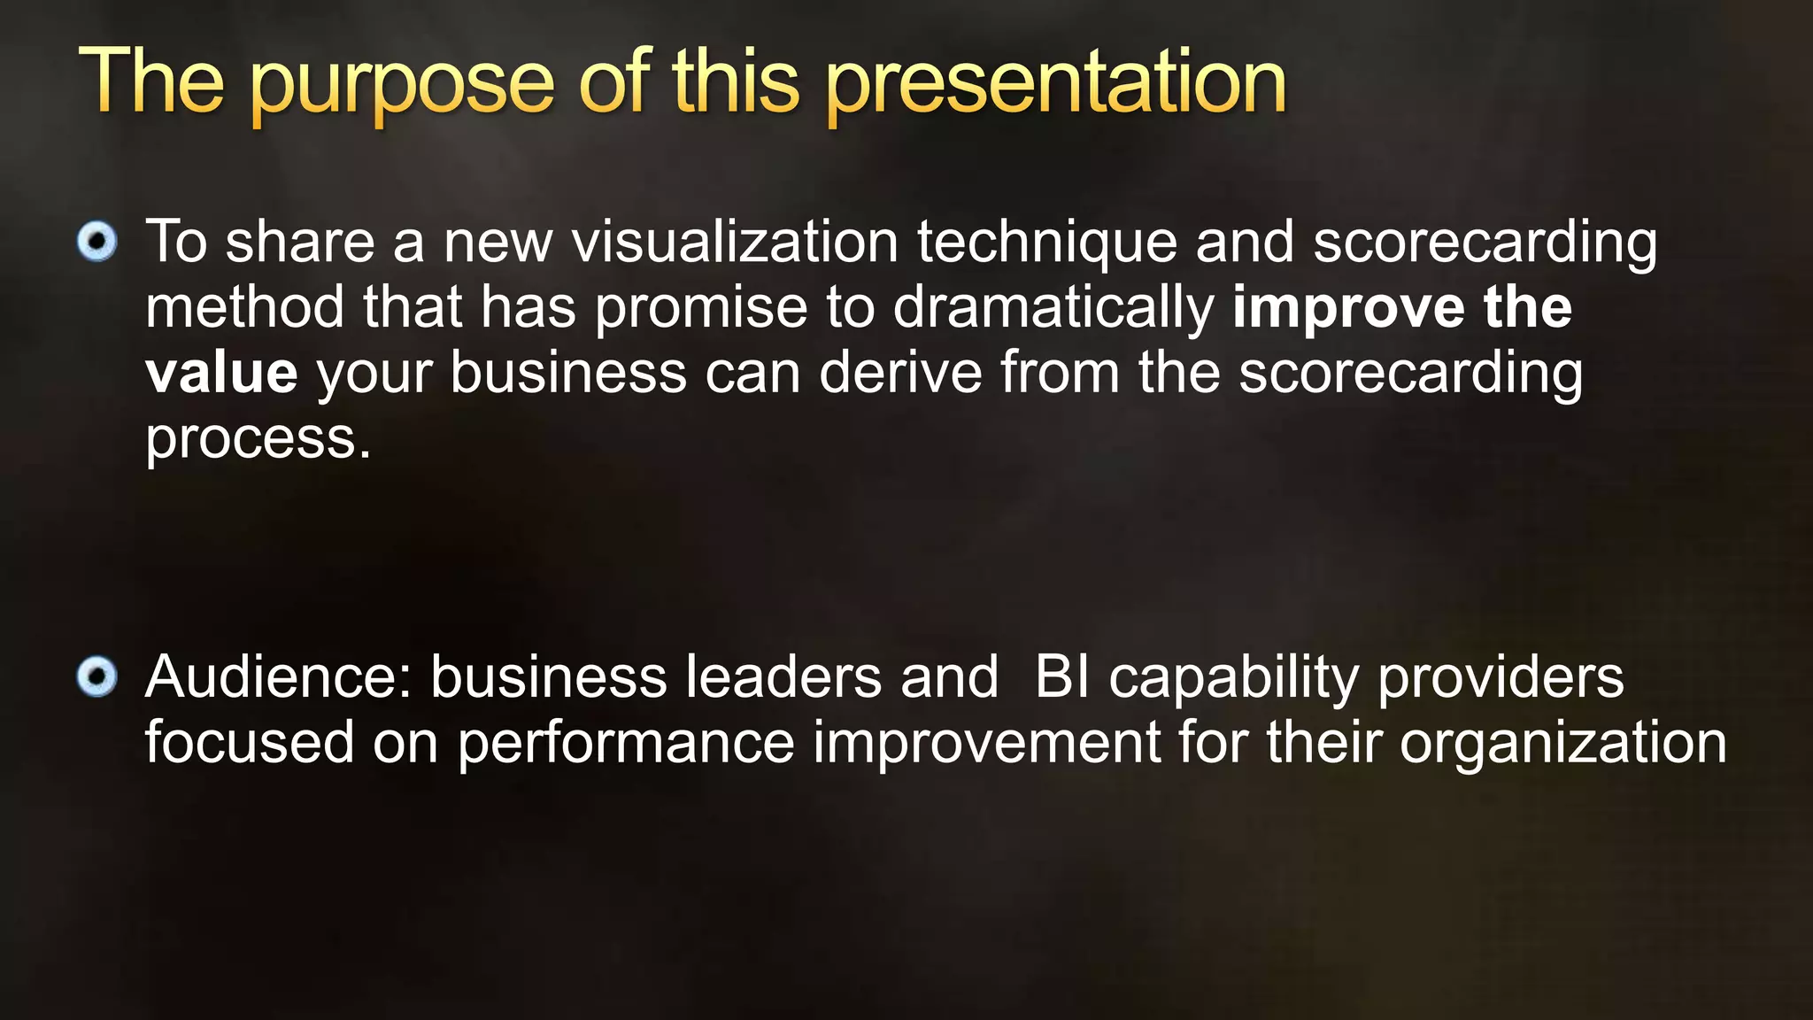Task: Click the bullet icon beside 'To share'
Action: point(96,242)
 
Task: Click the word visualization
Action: point(735,242)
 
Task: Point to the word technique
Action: point(1047,243)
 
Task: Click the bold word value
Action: point(221,373)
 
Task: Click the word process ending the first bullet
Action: point(257,439)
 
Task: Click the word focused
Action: point(250,743)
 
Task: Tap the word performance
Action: point(626,745)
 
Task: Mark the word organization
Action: point(1562,745)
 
